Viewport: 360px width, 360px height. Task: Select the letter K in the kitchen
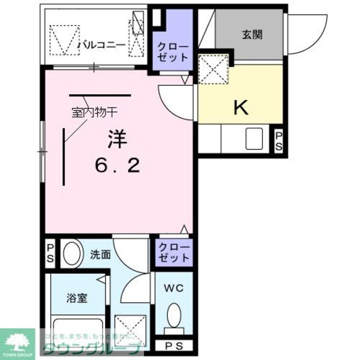(x=240, y=107)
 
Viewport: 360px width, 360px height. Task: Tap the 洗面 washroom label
(x=100, y=254)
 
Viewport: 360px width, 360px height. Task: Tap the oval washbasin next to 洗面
(x=71, y=254)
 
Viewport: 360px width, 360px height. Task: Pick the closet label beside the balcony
(x=172, y=52)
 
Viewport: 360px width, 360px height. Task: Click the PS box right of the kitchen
(x=279, y=142)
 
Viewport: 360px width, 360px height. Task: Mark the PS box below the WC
(x=173, y=347)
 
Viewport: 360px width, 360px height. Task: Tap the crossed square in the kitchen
(x=213, y=67)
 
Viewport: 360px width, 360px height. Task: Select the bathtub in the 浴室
(x=76, y=332)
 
